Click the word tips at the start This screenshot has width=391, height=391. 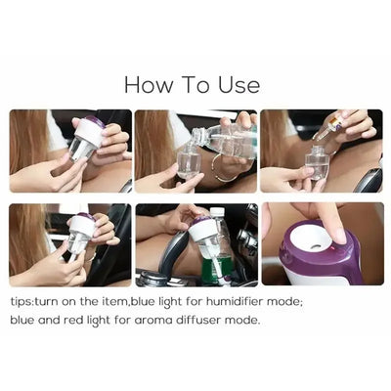pos(22,301)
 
